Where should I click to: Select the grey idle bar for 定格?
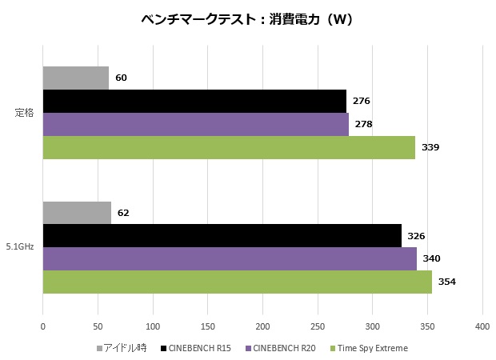(75, 78)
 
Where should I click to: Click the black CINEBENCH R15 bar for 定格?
(194, 101)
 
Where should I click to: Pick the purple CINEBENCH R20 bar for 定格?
(195, 124)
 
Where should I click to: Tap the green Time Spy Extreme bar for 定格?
(229, 147)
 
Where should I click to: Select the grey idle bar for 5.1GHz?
(77, 213)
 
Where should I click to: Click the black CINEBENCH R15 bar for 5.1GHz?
(222, 236)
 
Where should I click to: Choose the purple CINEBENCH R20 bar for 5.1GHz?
(230, 259)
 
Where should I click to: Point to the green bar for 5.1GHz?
(237, 282)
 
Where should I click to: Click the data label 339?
(430, 147)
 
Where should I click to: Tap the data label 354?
(446, 282)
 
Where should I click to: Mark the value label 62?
(122, 213)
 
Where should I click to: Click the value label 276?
(361, 101)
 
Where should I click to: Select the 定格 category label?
(25, 113)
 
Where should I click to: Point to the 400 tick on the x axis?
(482, 326)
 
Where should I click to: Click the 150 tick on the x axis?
(207, 326)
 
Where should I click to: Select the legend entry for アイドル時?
(121, 348)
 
